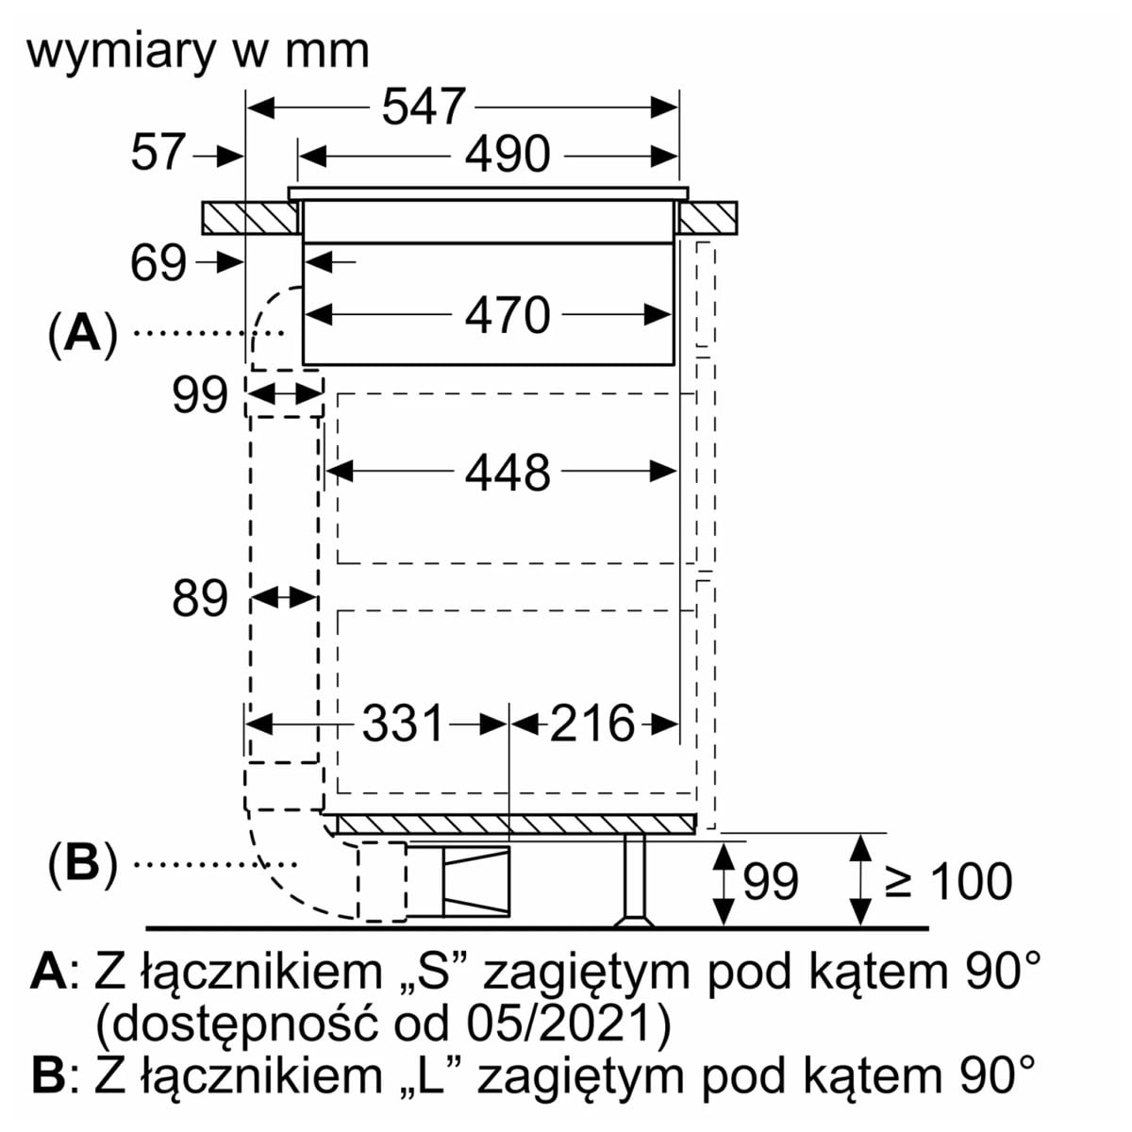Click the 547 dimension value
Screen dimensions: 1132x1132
tap(424, 107)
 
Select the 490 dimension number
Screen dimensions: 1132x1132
tap(507, 155)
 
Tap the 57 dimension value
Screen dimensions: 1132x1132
tap(158, 153)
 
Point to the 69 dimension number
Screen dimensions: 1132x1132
tap(158, 263)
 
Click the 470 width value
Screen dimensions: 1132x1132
tap(507, 315)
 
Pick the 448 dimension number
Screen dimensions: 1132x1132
tap(507, 473)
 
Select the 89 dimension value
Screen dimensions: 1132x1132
tap(200, 598)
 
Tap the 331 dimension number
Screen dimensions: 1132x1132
tap(403, 724)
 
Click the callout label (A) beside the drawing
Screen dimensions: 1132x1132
tap(84, 334)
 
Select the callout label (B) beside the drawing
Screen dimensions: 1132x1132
tap(84, 863)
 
